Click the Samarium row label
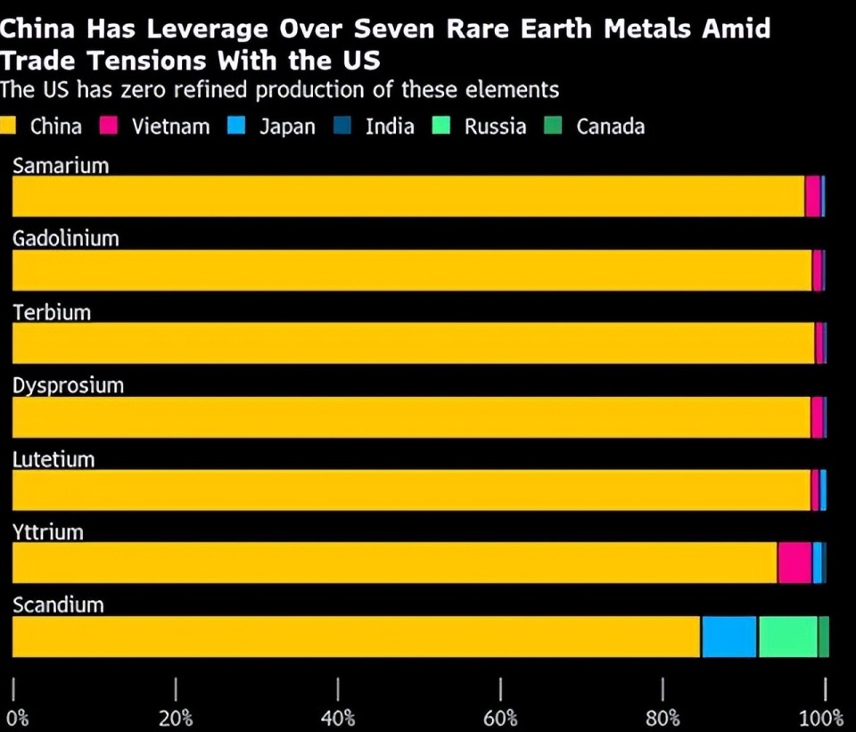(x=61, y=166)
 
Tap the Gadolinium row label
(x=65, y=239)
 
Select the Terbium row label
(x=52, y=312)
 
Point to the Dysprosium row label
(x=68, y=386)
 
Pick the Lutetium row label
(x=53, y=459)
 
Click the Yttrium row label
(x=48, y=532)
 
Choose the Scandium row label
(x=58, y=605)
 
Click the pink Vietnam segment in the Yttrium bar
(x=794, y=563)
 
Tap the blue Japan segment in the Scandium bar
(x=729, y=637)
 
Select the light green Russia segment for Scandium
(x=788, y=637)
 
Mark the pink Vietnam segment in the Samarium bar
(x=812, y=196)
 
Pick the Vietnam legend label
(x=170, y=127)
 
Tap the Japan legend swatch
(x=236, y=126)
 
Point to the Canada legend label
(x=610, y=127)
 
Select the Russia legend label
(x=495, y=127)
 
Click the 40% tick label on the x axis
(x=338, y=719)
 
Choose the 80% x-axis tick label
(x=663, y=719)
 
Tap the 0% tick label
(x=17, y=719)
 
